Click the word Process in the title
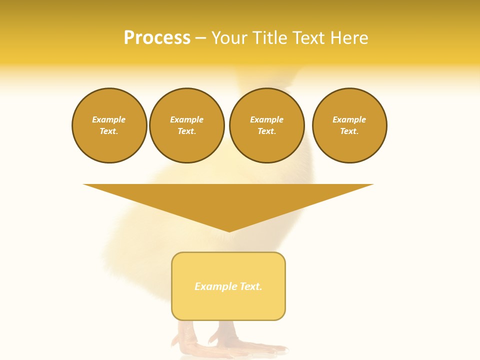pos(157,38)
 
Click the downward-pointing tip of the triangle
pos(229,230)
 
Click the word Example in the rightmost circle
pos(349,119)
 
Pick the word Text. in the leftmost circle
pos(109,131)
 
